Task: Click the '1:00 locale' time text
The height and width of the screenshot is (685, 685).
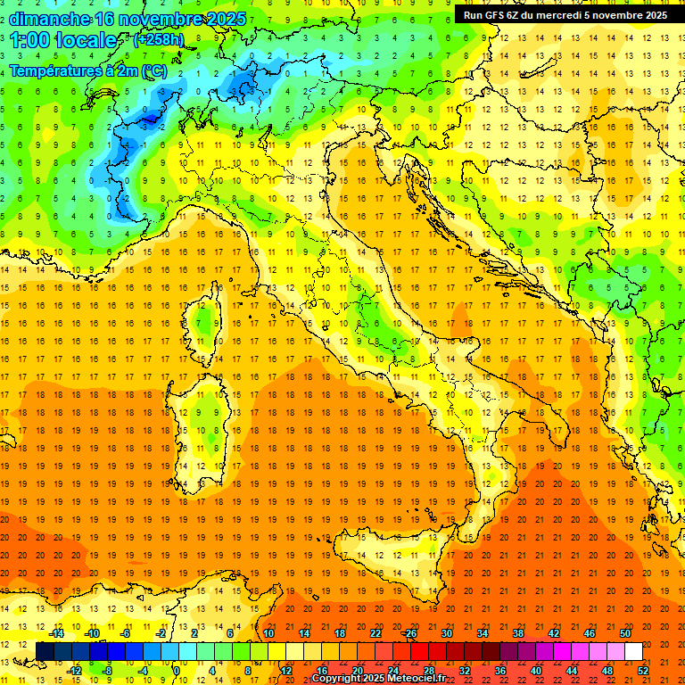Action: [x=62, y=40]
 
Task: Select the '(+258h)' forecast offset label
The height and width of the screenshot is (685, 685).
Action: [x=160, y=40]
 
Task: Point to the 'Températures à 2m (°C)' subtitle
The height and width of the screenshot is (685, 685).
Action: [x=87, y=70]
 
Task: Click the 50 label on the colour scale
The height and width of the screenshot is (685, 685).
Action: [x=624, y=633]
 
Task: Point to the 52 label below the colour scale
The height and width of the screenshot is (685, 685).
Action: [x=643, y=671]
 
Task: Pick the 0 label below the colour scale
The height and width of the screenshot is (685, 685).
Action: [x=177, y=671]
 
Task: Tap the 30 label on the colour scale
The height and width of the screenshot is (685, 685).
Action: [x=446, y=633]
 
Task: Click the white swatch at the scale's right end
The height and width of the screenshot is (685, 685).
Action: [x=633, y=651]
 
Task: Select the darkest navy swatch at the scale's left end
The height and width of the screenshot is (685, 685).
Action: [x=45, y=651]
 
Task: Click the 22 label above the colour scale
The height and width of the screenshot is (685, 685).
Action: [x=375, y=633]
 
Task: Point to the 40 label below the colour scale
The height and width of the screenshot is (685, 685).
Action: [x=536, y=671]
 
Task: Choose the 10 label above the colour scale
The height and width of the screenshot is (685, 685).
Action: [x=268, y=633]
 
